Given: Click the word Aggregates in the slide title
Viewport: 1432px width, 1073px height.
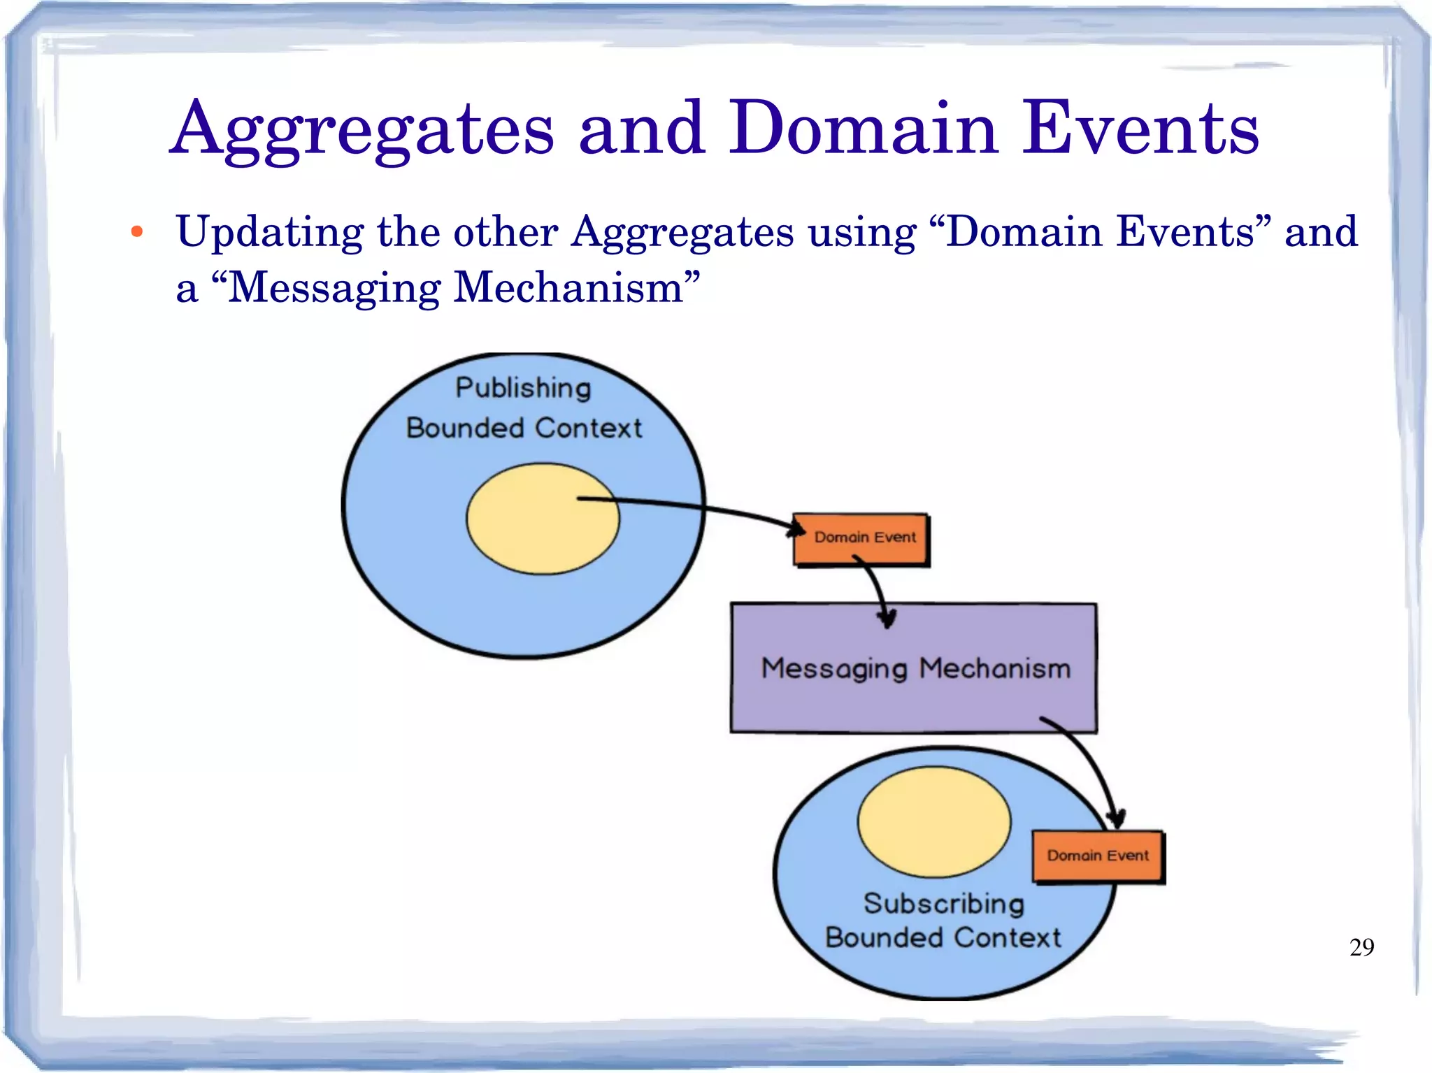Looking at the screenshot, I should point(362,129).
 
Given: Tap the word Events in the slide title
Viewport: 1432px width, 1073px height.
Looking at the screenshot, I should point(1140,129).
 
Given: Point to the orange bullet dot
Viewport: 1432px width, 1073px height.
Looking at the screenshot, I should point(137,232).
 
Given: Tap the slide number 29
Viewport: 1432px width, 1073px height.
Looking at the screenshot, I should point(1361,947).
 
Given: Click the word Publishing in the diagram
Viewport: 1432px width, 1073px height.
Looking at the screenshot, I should point(523,388).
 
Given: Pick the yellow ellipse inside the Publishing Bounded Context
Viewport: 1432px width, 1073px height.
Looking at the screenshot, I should point(543,519).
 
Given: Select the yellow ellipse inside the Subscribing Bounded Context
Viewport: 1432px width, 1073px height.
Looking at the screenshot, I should point(934,821).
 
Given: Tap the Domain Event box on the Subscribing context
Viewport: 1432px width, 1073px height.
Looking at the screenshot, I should point(1098,856).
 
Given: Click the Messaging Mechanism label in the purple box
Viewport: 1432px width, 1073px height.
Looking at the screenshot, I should point(915,668).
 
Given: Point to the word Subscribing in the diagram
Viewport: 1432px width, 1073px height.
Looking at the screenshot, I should point(943,904).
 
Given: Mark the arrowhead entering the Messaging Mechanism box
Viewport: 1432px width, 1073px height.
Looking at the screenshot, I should point(887,617).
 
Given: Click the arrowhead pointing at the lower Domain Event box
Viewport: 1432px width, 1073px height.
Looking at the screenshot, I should point(1116,818).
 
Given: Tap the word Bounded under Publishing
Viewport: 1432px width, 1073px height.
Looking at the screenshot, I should point(465,428).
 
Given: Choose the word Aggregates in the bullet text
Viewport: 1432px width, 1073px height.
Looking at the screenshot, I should point(682,232).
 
